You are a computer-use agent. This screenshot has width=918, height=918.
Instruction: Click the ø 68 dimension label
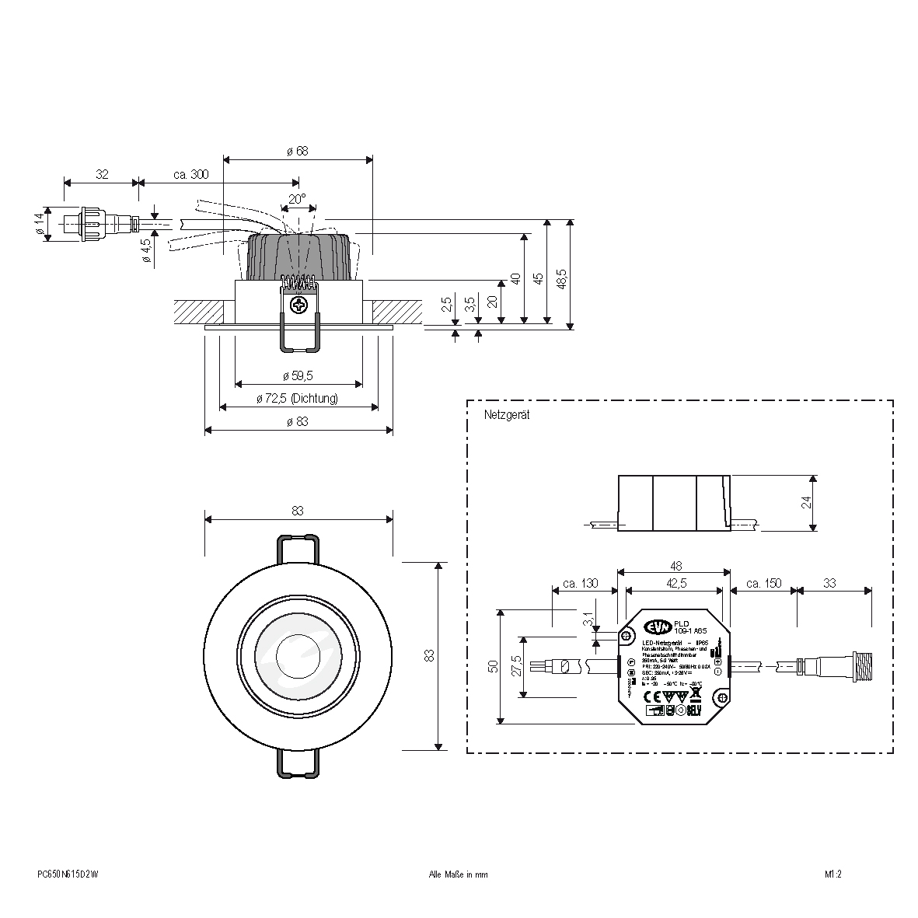tap(298, 151)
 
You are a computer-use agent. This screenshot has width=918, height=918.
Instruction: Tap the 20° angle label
tap(298, 199)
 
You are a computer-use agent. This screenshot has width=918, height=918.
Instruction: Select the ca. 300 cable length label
tap(190, 176)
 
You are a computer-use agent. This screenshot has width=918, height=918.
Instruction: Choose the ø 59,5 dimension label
tap(298, 376)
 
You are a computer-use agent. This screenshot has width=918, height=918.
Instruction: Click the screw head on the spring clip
tap(298, 305)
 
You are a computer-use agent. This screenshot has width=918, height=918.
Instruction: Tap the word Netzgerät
tap(506, 416)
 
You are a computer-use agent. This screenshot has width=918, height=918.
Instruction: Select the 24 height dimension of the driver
tap(807, 502)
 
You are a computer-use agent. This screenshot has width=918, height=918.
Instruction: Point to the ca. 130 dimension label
tap(580, 584)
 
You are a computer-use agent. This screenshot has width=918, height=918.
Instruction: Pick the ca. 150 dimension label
tap(763, 584)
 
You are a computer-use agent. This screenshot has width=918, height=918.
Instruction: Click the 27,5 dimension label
tap(515, 667)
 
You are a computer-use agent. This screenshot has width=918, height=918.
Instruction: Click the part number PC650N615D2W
tap(68, 874)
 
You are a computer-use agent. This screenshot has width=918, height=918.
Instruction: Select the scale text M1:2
tap(834, 874)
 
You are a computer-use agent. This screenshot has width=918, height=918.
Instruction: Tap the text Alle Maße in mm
tap(459, 874)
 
